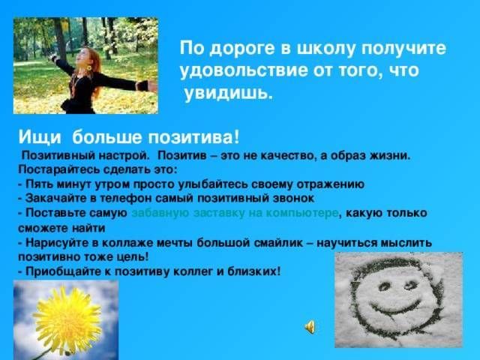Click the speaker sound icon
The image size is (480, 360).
[310, 327]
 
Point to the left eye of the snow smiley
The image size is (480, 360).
[384, 287]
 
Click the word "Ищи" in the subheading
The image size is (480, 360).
[40, 136]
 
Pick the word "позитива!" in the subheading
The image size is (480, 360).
[193, 136]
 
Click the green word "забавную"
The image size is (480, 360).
[160, 213]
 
